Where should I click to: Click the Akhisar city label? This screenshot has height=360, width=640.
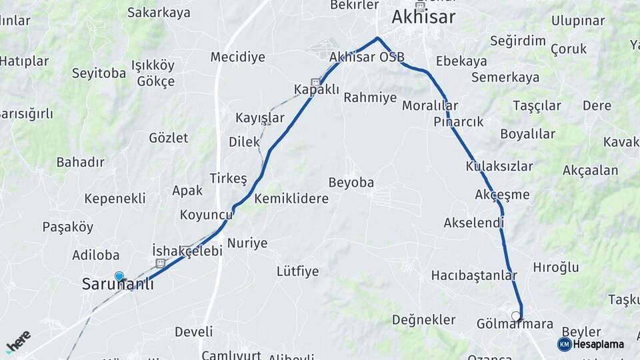[x=423, y=17]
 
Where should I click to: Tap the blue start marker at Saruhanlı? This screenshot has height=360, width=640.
[x=119, y=276]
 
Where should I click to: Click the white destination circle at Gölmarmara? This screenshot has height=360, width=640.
[x=515, y=315]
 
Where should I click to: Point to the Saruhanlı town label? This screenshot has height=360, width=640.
[x=117, y=284]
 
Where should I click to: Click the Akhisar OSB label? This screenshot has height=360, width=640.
[x=367, y=57]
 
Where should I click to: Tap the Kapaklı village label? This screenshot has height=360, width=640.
[x=317, y=89]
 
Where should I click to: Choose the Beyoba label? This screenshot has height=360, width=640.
[x=351, y=183]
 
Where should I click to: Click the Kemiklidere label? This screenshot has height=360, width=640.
[x=291, y=199]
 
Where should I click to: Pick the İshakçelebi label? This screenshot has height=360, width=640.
[x=187, y=250]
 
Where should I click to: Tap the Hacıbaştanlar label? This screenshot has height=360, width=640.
[x=474, y=275]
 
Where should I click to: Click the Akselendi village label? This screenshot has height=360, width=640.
[x=473, y=223]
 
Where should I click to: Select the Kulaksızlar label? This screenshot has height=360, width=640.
[x=499, y=166]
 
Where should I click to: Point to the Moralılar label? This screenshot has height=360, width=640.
[x=430, y=105]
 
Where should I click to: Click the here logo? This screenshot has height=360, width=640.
[x=18, y=341]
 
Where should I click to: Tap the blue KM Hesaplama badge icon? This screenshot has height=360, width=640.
[x=565, y=344]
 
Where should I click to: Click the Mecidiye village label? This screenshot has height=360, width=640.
[x=237, y=57]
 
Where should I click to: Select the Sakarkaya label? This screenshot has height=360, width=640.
[x=159, y=13]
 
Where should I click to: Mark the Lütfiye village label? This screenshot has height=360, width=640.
[x=297, y=271]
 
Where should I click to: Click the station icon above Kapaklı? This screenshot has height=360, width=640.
[x=315, y=81]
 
